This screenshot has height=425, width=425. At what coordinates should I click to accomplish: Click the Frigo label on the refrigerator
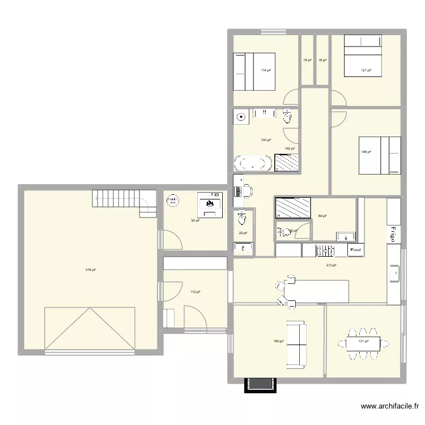[392, 233]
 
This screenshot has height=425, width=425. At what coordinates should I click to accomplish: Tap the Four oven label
[356, 249]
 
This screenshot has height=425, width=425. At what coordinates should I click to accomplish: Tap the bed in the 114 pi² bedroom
[254, 71]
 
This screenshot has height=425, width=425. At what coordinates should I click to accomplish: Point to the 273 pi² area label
[331, 265]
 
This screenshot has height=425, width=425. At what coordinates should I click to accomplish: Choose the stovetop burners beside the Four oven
[326, 249]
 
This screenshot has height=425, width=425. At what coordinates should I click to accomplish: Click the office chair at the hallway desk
[248, 191]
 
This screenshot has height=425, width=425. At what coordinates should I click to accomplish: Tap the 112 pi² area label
[195, 292]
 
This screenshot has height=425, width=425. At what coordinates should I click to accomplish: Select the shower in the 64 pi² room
[292, 207]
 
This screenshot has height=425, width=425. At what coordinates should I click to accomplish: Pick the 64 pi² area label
[322, 216]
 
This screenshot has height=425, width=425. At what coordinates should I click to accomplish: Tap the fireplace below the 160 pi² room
[260, 385]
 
